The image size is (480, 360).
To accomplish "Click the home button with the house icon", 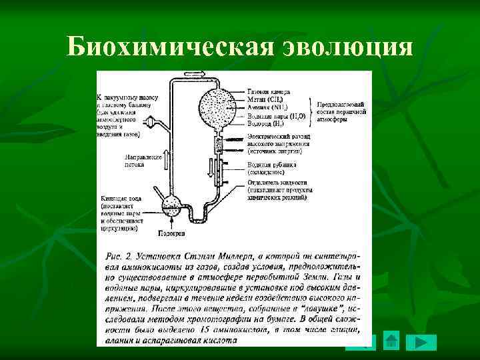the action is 392,341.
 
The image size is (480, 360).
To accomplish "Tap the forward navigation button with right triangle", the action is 421,343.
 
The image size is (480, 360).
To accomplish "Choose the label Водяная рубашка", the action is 271,164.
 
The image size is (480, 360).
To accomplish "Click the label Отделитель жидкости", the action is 277,182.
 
